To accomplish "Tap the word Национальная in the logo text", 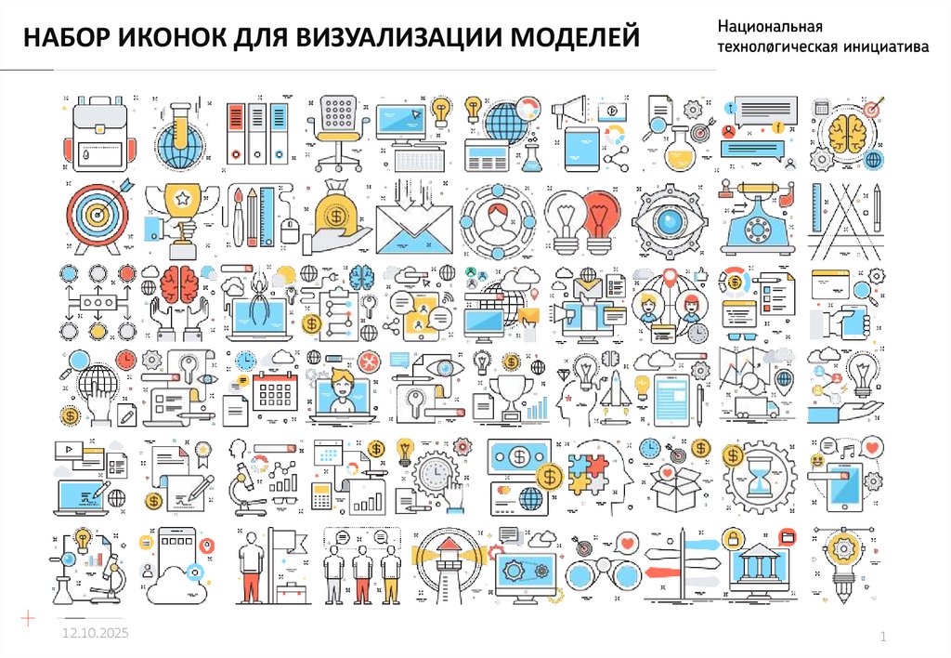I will coord(770,30).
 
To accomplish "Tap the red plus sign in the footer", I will coord(29,617).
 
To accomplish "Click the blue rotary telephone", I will coord(758,221).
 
